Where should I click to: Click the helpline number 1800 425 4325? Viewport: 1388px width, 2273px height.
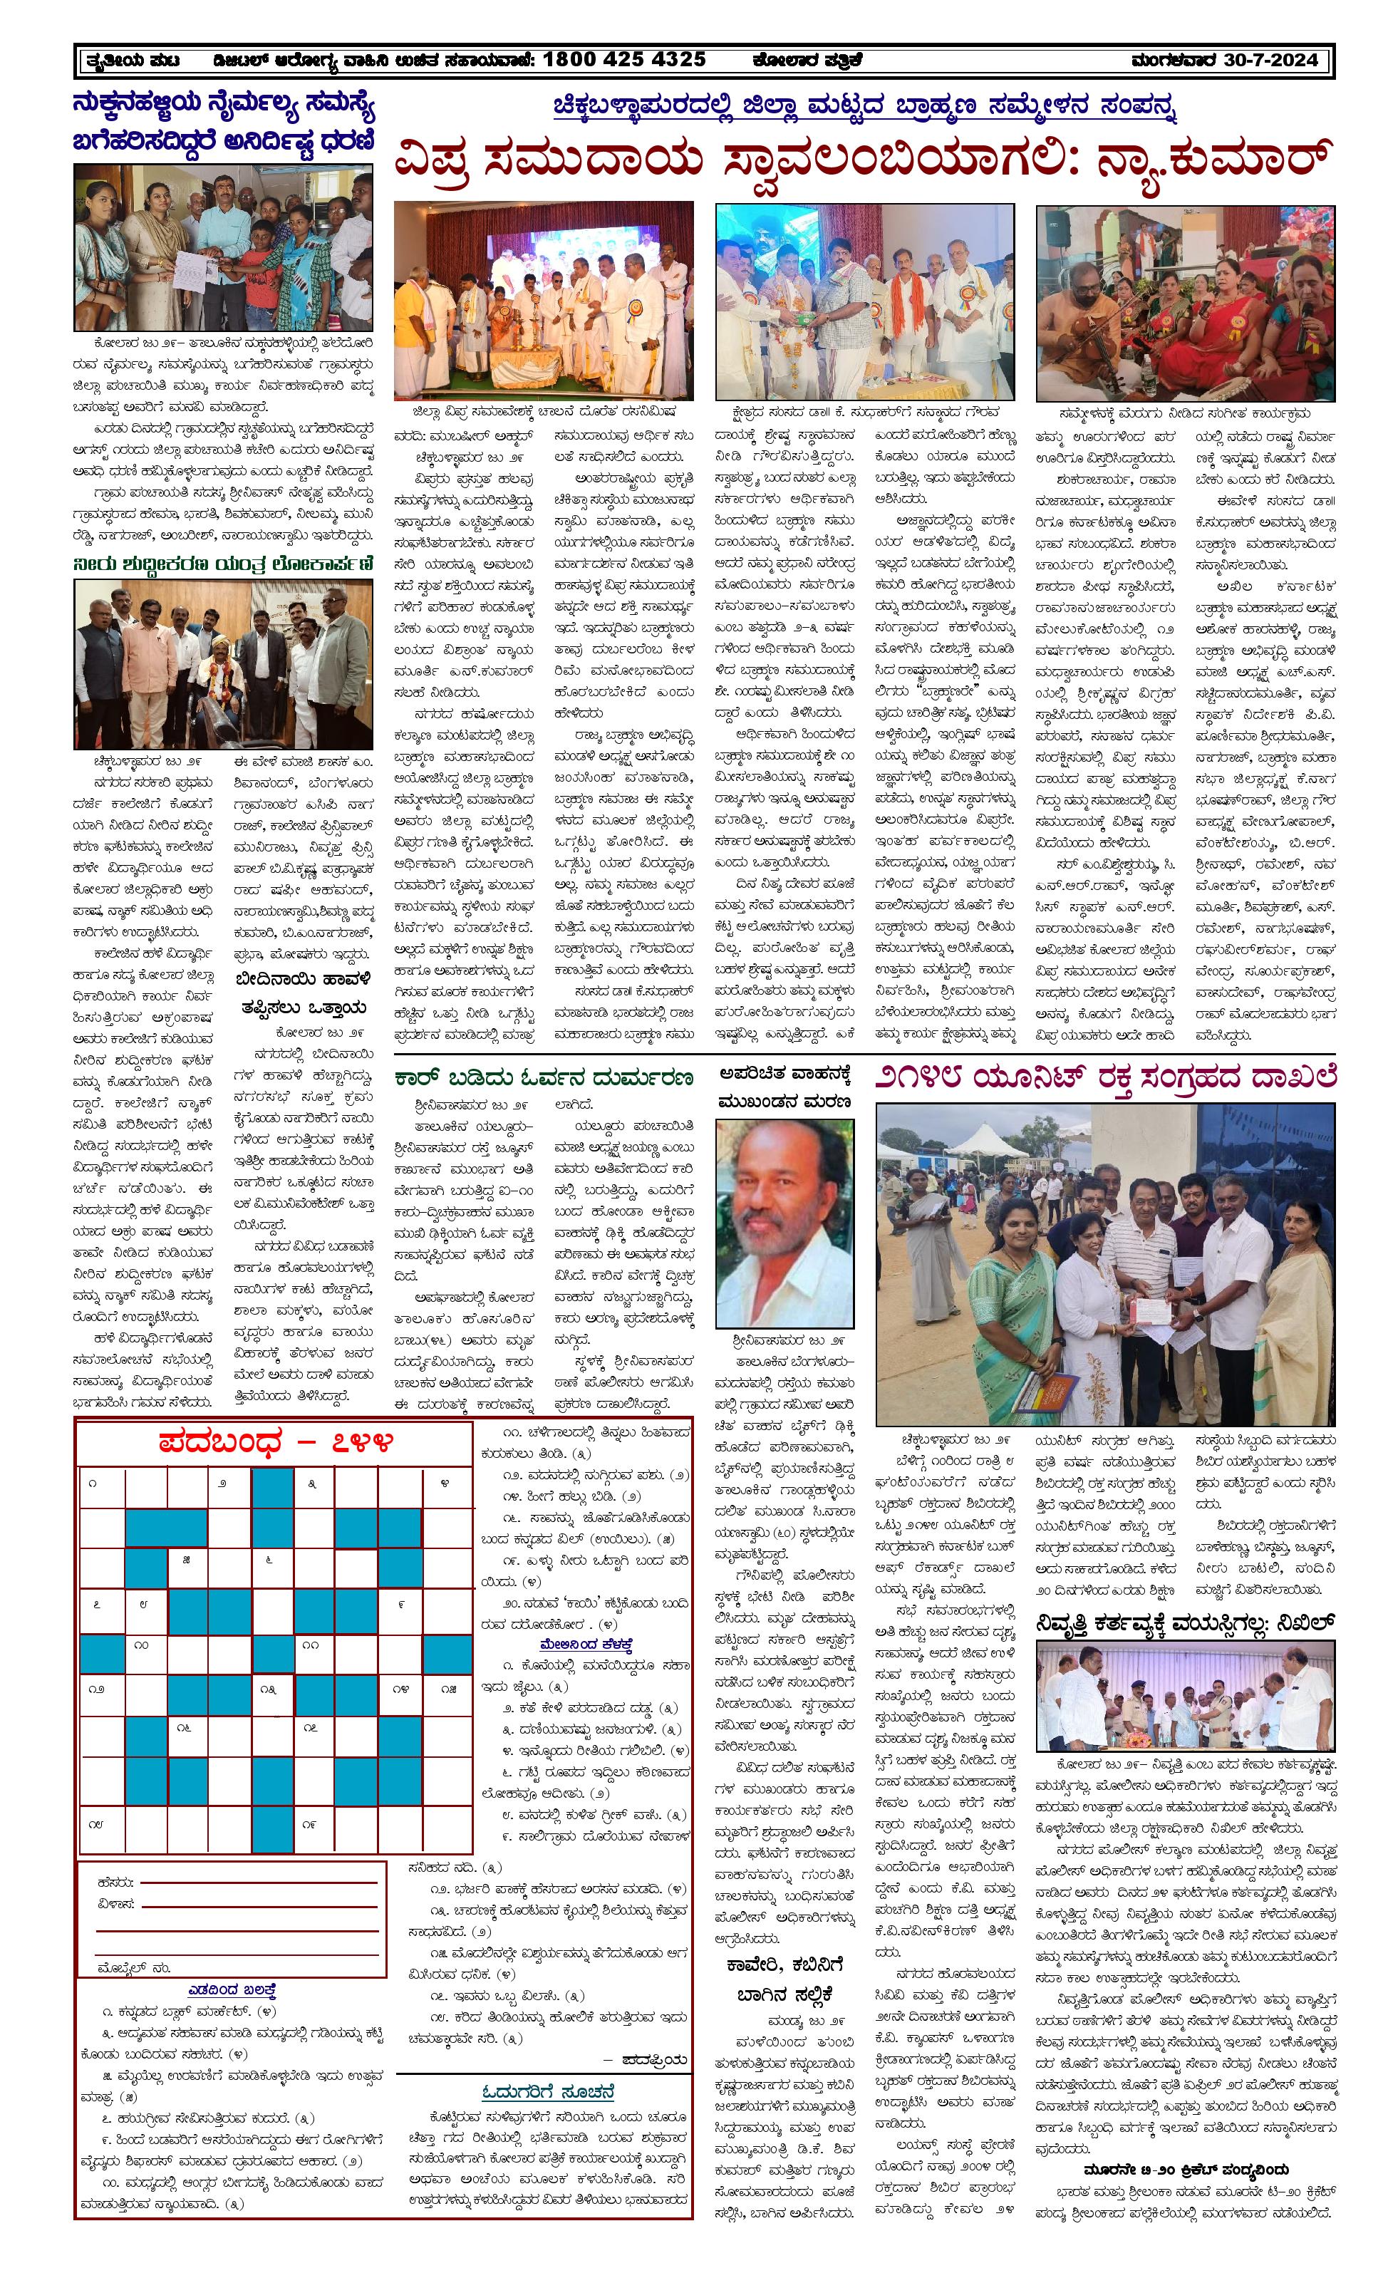coord(623,60)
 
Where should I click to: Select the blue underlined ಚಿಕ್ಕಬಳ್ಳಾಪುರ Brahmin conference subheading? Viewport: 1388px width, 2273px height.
coord(866,105)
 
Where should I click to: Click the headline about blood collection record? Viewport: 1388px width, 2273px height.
coord(1105,1076)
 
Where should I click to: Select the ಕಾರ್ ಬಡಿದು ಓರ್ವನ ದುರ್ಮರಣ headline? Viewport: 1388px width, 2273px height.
coord(542,1077)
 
